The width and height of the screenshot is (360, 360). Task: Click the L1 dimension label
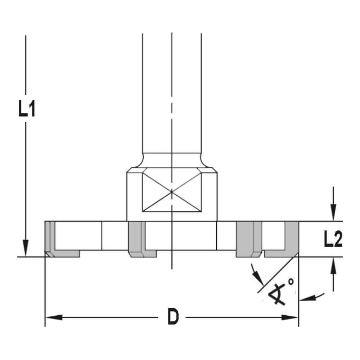[x=27, y=108]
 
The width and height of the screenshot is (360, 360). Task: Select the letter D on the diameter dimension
[x=173, y=317]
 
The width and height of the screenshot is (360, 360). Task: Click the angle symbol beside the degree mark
[x=277, y=293]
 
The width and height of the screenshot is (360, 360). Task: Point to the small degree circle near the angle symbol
[x=291, y=282]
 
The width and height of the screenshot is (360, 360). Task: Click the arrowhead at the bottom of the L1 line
[x=26, y=248]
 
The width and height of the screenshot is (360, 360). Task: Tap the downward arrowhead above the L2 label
[x=334, y=212]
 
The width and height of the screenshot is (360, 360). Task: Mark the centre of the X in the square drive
[x=172, y=192]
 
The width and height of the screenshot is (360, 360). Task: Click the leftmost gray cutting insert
[x=50, y=239]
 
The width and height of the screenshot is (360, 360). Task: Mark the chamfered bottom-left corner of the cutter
[x=47, y=254]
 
